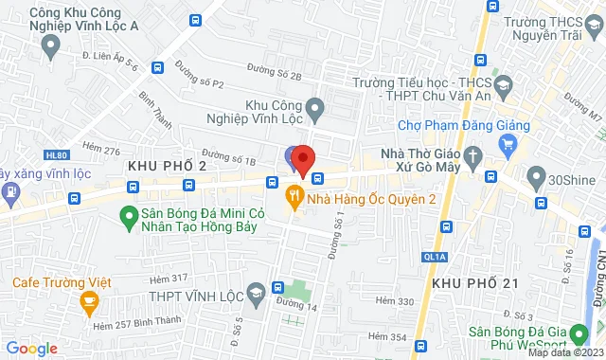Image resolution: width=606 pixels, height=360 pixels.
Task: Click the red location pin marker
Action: click(302, 160)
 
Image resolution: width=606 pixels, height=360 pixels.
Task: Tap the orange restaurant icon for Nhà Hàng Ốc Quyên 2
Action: click(294, 198)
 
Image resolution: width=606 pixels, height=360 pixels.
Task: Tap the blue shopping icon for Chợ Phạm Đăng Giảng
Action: click(508, 145)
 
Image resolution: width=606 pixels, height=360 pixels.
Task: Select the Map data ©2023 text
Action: click(565, 353)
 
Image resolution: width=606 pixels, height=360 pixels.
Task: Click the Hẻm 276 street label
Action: click(101, 150)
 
